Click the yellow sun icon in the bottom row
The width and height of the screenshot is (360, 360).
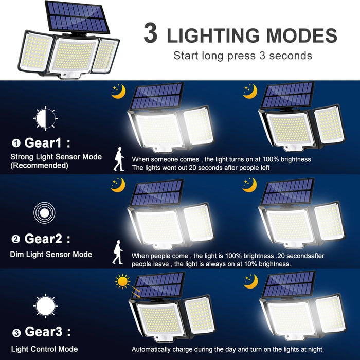click(122, 281)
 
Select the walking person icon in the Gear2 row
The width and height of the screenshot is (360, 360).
click(118, 254)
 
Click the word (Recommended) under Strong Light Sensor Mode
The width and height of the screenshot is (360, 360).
click(39, 166)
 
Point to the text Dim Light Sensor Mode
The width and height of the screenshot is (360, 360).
click(51, 254)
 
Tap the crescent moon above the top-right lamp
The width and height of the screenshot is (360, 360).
click(250, 91)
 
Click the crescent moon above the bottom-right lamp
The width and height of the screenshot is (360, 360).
click(250, 281)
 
